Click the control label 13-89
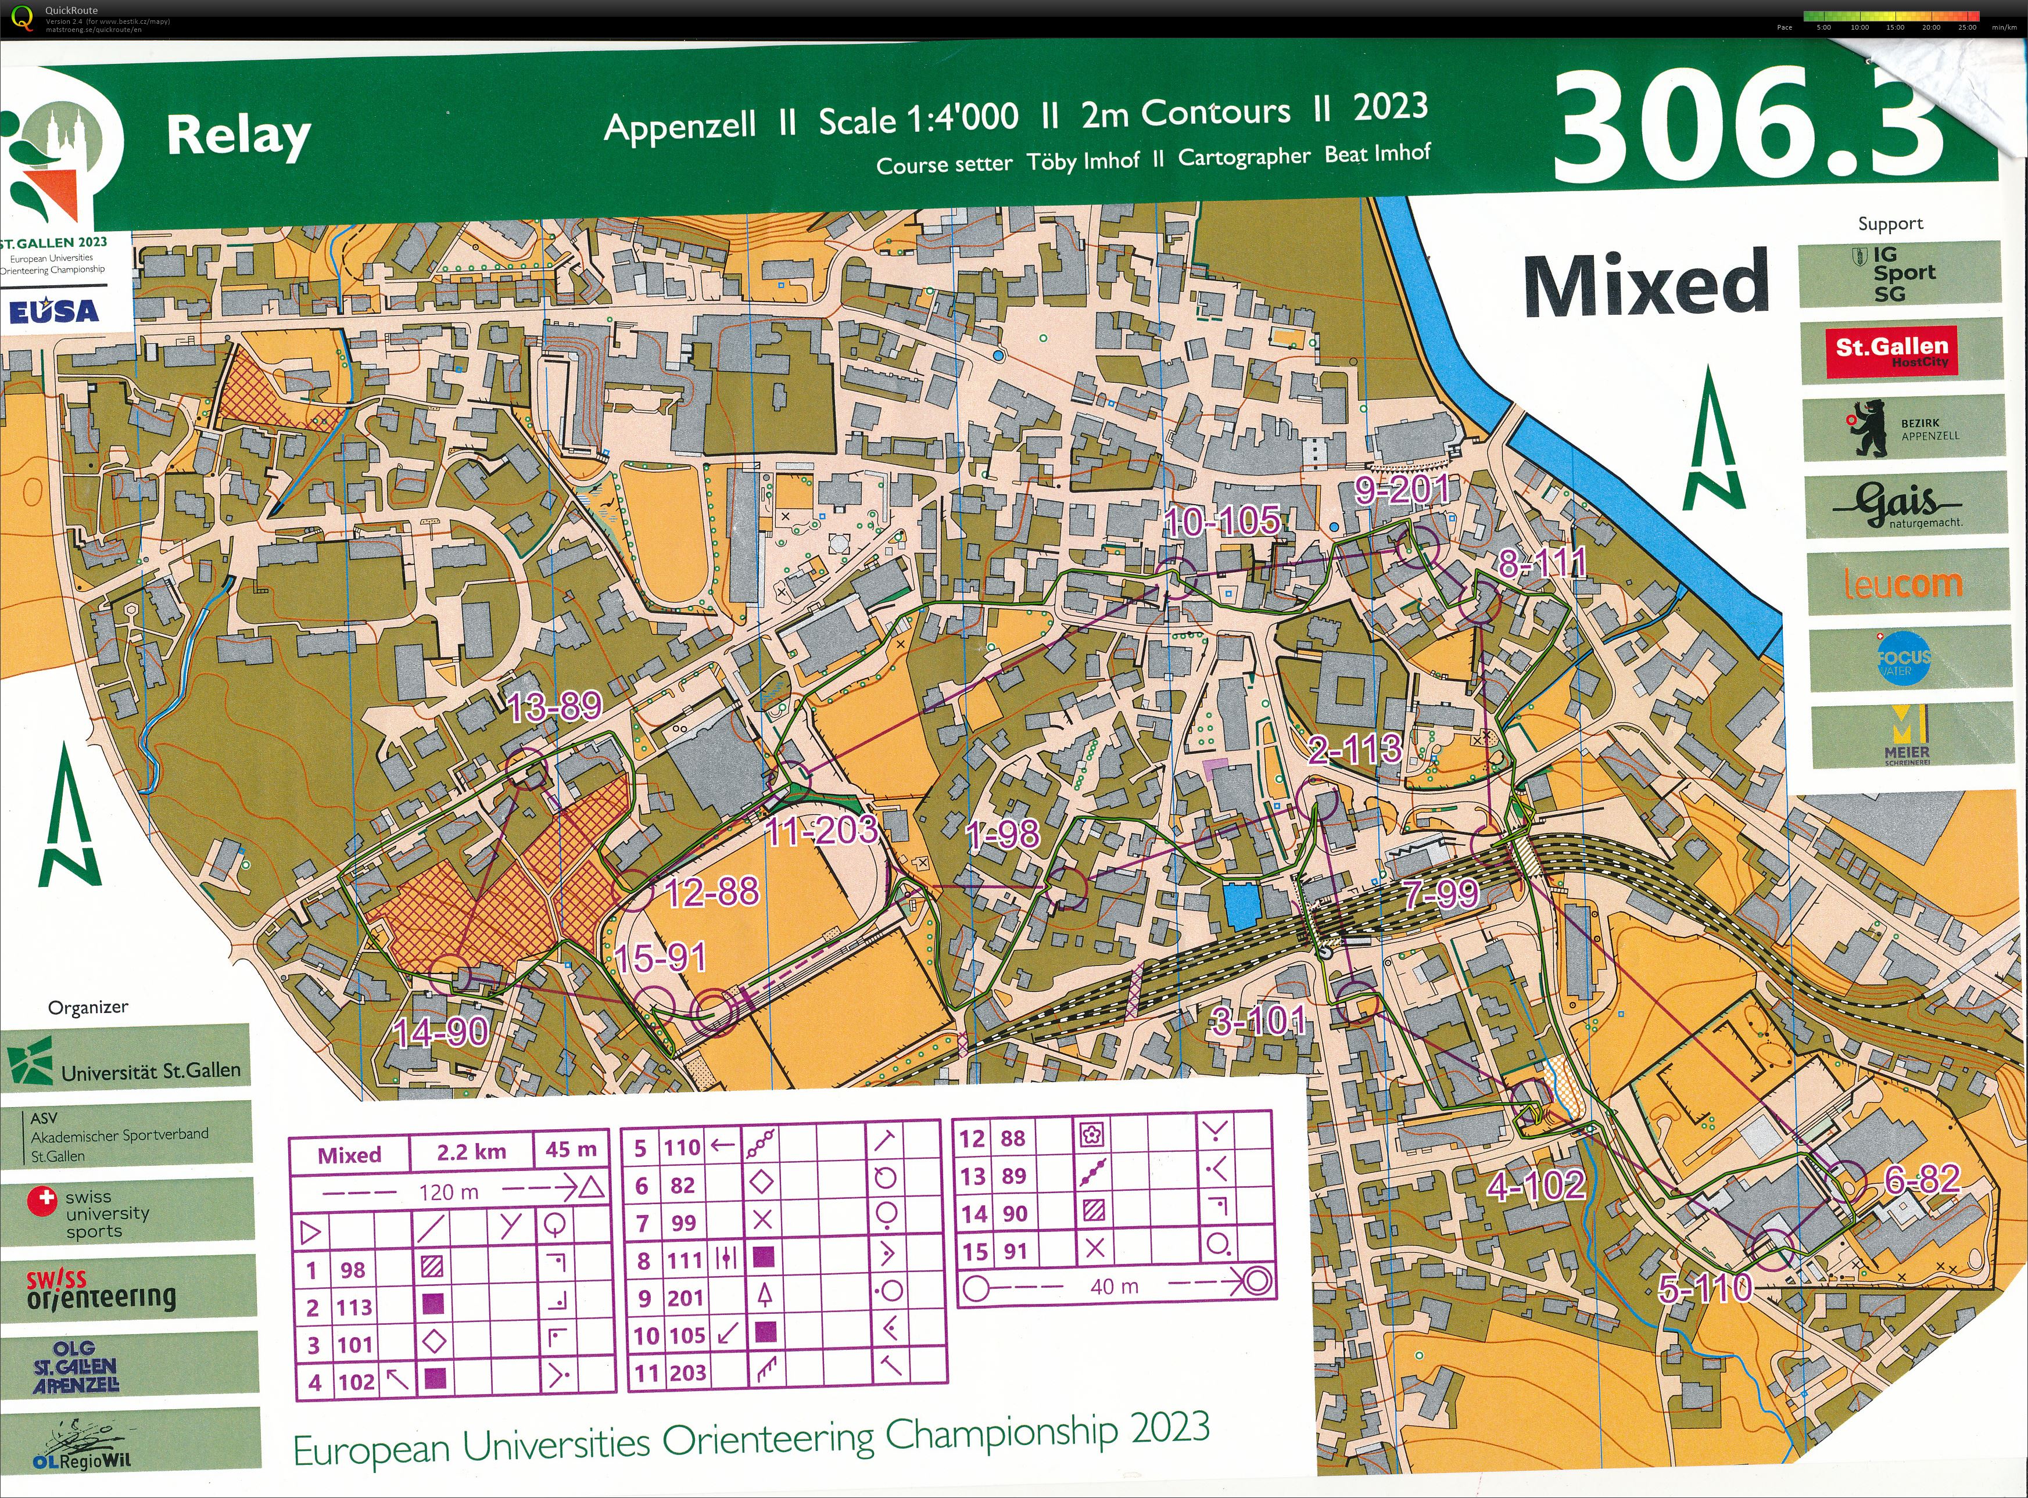pyautogui.click(x=554, y=706)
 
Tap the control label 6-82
pyautogui.click(x=1922, y=1179)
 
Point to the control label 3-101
pyautogui.click(x=1259, y=1022)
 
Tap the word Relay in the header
pyautogui.click(x=238, y=136)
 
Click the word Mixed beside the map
pyautogui.click(x=1646, y=285)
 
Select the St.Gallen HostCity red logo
pyautogui.click(x=1901, y=350)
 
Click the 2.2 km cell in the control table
pyautogui.click(x=471, y=1152)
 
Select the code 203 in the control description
pyautogui.click(x=689, y=1372)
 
